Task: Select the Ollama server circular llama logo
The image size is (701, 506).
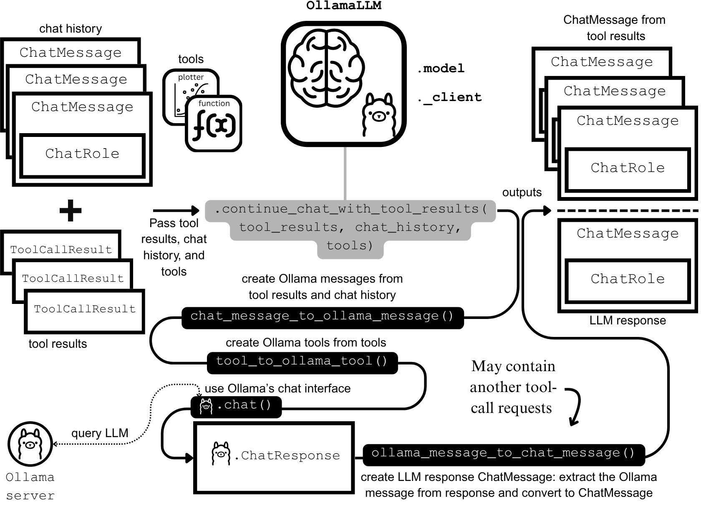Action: coord(30,444)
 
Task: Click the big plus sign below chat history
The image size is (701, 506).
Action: coord(70,210)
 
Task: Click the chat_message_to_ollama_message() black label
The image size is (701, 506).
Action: coord(322,316)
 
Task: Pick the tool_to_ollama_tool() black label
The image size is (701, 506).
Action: coord(302,362)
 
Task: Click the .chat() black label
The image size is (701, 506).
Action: coord(236,406)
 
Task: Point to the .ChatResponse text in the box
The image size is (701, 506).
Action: coord(290,455)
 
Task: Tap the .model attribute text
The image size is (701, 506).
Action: coord(441,68)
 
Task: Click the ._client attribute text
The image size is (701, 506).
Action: coord(449,98)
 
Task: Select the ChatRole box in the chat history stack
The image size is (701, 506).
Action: coord(82,154)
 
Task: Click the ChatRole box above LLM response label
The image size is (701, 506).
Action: coord(628,279)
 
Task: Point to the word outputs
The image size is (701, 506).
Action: coord(522,192)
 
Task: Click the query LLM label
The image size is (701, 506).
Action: coord(100,433)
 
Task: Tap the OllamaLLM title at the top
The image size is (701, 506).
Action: coord(343,6)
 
